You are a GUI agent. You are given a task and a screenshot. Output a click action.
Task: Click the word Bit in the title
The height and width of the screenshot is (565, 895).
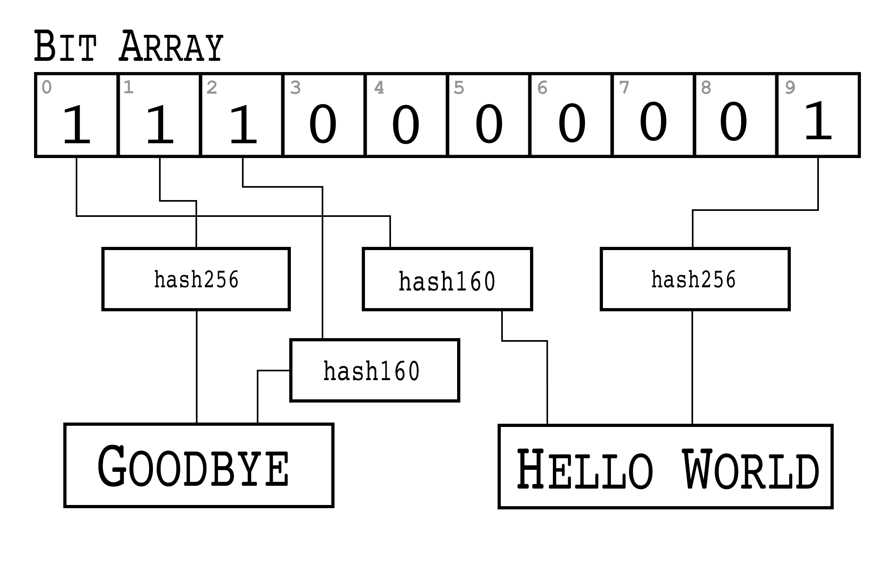[x=65, y=47]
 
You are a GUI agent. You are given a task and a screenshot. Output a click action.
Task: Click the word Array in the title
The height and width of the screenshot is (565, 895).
[x=171, y=47]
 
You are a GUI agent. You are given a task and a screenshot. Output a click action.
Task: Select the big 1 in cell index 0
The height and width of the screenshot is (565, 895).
[x=77, y=124]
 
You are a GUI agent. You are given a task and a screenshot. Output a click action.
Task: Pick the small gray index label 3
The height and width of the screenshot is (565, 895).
[x=295, y=88]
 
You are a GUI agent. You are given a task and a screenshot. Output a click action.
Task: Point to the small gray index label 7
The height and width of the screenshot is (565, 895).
[x=624, y=88]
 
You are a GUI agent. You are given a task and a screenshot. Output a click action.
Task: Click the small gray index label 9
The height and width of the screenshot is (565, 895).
[x=790, y=88]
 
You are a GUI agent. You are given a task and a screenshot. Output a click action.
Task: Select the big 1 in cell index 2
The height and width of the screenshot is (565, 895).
[x=243, y=124]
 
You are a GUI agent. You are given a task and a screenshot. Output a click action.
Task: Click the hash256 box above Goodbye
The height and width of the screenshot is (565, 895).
[x=196, y=279]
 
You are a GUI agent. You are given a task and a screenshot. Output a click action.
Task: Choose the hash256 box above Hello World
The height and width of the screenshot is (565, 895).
[x=695, y=279]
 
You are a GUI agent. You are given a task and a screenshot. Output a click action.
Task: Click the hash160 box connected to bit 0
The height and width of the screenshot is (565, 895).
[x=447, y=279]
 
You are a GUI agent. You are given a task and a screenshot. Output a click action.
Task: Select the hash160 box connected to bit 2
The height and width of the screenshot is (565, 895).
[x=374, y=370]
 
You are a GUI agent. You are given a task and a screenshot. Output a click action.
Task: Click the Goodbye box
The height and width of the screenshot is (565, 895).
[x=198, y=465]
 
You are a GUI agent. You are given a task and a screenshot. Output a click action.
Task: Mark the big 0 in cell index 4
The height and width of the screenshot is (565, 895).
[x=405, y=124]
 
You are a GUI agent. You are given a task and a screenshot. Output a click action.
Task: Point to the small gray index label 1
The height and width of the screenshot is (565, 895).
[x=129, y=88]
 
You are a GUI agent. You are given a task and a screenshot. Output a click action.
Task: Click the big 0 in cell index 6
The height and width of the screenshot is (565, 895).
[x=572, y=123]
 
